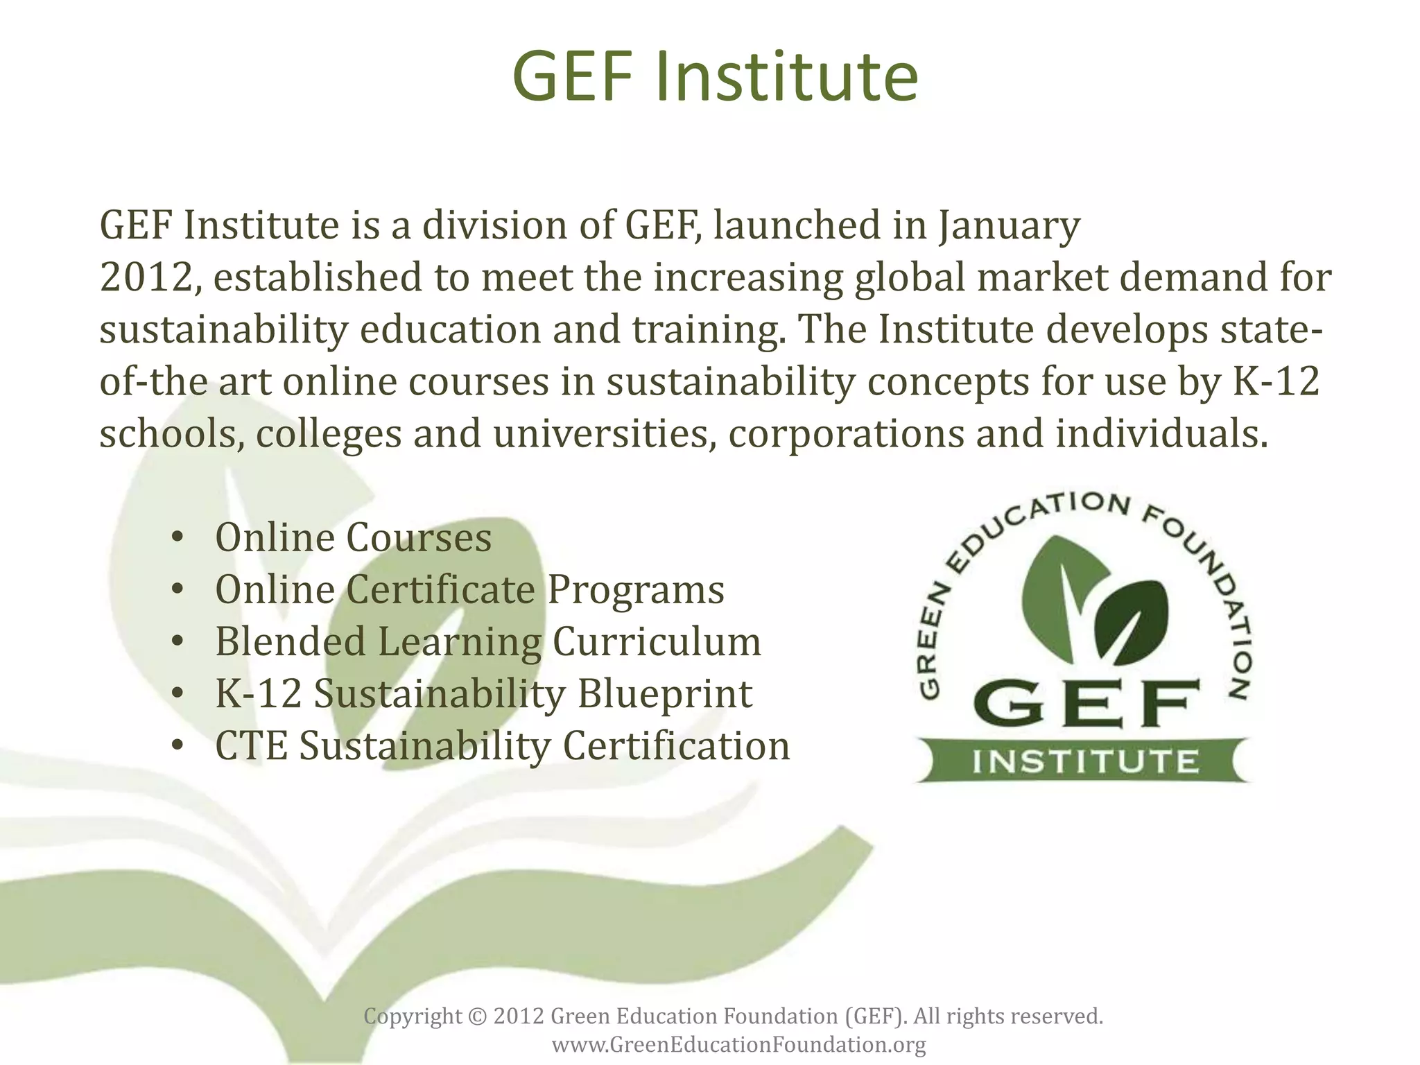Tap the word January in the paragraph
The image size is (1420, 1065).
pyautogui.click(x=1009, y=226)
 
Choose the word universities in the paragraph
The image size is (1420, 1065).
pyautogui.click(x=603, y=434)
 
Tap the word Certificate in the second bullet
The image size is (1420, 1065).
pyautogui.click(x=440, y=590)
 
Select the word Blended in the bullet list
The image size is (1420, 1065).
pyautogui.click(x=291, y=641)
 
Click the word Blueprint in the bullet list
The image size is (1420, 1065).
pyautogui.click(x=664, y=694)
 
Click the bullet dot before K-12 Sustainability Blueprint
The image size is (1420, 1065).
pyautogui.click(x=177, y=694)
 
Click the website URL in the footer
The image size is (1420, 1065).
pyautogui.click(x=738, y=1045)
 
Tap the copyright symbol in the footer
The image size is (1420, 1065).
pyautogui.click(x=478, y=1016)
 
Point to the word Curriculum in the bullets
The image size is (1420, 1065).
pyautogui.click(x=656, y=641)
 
